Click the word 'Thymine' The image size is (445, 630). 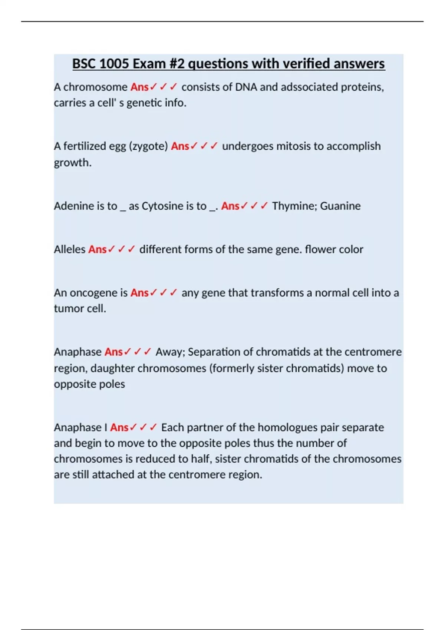293,206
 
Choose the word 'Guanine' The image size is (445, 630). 340,206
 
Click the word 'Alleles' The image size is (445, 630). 70,249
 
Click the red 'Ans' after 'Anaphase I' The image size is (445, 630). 119,427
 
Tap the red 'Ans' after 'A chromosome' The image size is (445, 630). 139,87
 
